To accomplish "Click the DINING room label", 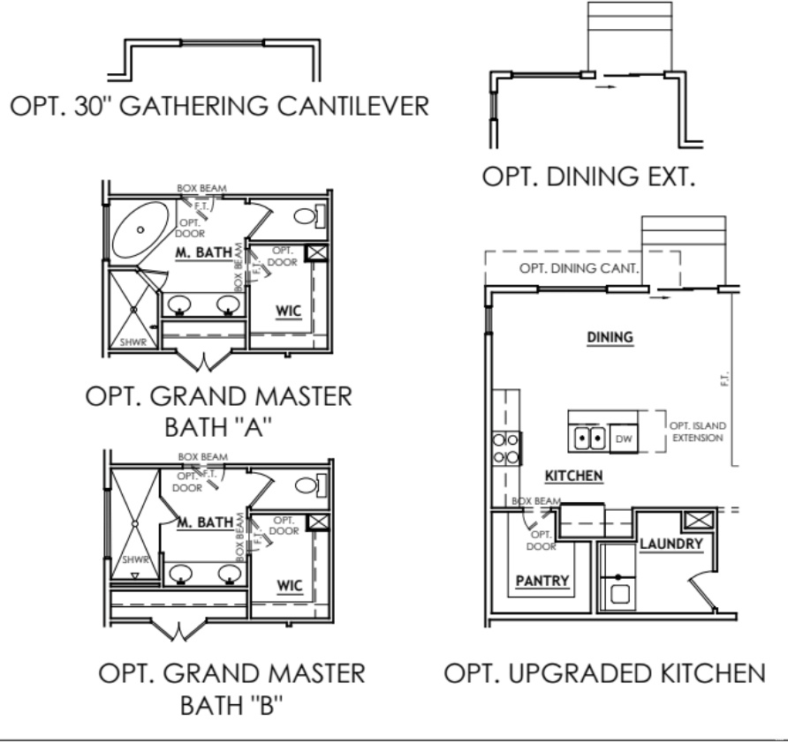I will click(x=611, y=337).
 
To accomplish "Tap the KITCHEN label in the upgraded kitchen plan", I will click(x=573, y=476).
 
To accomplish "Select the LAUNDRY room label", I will click(x=671, y=544).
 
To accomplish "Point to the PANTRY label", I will click(x=542, y=580).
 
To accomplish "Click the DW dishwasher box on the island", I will click(x=624, y=436).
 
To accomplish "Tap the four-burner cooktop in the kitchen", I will click(x=506, y=447).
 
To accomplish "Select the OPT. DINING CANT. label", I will click(x=580, y=268).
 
